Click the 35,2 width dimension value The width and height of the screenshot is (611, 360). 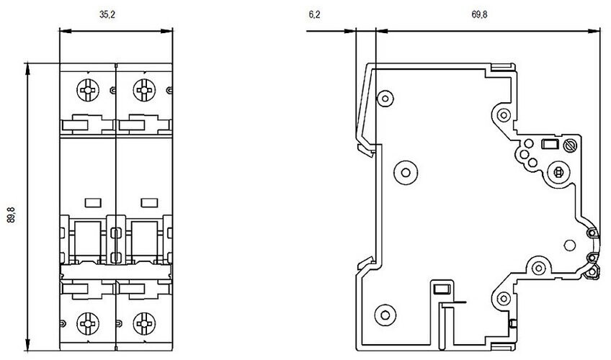[x=107, y=15]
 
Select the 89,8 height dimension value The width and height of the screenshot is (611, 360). [x=12, y=215]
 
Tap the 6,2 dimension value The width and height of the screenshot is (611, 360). [x=314, y=15]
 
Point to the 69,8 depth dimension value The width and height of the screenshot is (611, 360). [x=479, y=15]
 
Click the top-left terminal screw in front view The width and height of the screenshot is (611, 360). [x=88, y=90]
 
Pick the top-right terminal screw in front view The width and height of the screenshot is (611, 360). [x=144, y=90]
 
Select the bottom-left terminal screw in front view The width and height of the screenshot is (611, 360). [x=88, y=323]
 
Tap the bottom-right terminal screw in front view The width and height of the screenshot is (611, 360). [x=144, y=323]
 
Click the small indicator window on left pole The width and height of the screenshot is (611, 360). [x=93, y=202]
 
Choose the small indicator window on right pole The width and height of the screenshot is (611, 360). [x=149, y=202]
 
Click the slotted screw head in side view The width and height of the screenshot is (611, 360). [x=571, y=145]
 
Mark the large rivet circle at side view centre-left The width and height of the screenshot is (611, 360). [x=406, y=172]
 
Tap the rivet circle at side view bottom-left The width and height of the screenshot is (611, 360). [x=385, y=315]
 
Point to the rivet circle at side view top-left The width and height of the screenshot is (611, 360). [x=385, y=98]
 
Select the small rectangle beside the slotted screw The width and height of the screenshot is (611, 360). [x=550, y=145]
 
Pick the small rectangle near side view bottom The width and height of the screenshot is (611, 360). [x=442, y=289]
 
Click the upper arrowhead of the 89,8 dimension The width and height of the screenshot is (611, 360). [x=27, y=68]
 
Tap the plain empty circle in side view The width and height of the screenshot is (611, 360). [x=570, y=245]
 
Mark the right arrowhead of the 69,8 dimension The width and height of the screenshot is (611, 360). [x=594, y=31]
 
